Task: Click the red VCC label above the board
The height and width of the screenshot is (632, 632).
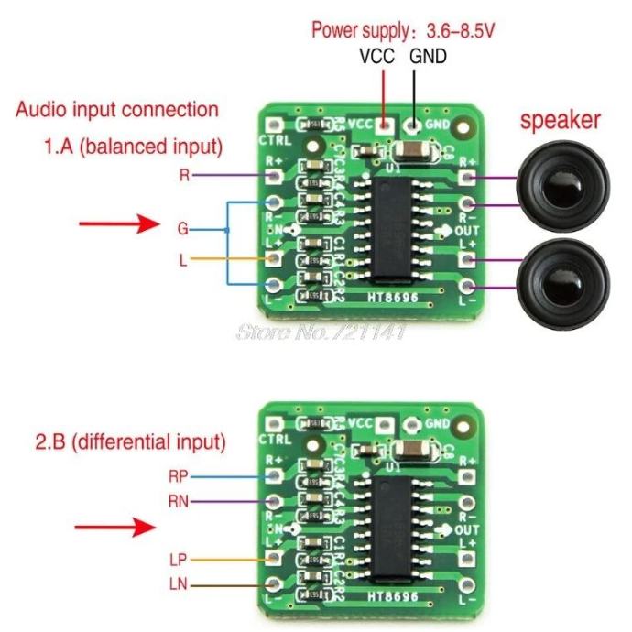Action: tap(376, 56)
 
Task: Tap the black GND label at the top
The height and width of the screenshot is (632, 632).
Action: tap(428, 56)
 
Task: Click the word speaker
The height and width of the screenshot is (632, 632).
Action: tap(561, 119)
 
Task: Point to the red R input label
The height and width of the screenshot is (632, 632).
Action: tap(184, 174)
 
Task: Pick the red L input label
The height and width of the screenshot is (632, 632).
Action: tap(184, 260)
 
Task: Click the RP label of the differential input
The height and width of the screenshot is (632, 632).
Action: tap(179, 475)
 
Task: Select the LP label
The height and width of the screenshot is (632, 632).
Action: tap(179, 558)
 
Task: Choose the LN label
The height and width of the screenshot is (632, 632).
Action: tap(179, 583)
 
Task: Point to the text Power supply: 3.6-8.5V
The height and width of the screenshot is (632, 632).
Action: tap(403, 30)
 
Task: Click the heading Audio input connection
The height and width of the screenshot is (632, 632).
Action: tap(117, 110)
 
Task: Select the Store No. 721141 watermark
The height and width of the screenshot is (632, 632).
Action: tap(321, 331)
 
